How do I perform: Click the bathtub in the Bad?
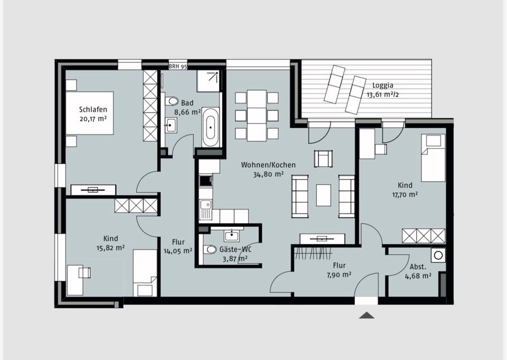coord(211,127)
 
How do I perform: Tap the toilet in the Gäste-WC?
coord(210,250)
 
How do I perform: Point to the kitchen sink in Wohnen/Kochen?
coord(205,209)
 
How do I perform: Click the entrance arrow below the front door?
coord(367,316)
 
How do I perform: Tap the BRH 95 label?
coord(178,67)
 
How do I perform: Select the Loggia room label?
coord(383,86)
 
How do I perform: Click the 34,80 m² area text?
coord(268,175)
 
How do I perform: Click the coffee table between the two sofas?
coord(323,195)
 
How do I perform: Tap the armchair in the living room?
coord(323,158)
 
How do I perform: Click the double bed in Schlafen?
coord(90,113)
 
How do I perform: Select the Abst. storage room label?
coord(418,267)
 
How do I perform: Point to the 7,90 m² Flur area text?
coord(339,275)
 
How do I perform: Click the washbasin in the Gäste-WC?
coord(232,235)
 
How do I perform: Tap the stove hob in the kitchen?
coord(205,181)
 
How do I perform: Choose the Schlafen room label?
coord(93,110)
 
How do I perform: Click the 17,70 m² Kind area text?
coord(405,195)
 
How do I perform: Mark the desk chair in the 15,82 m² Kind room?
coord(84,272)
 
